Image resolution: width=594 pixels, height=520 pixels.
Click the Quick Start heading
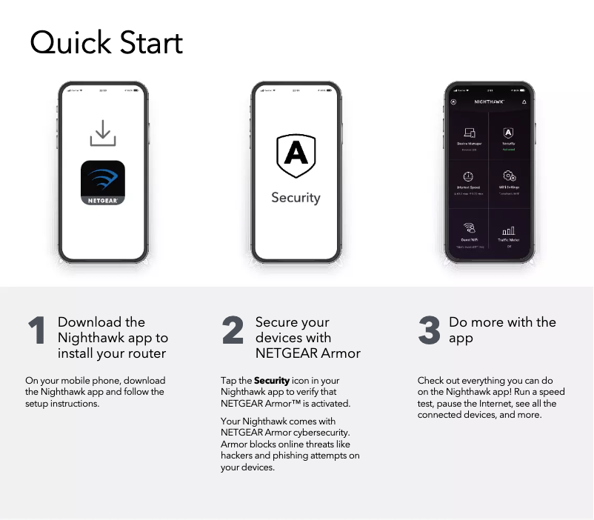point(106,43)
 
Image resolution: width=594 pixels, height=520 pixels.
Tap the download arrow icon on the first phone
point(102,133)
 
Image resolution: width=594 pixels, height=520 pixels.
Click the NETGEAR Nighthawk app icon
point(102,183)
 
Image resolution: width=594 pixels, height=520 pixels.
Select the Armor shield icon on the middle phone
point(296,155)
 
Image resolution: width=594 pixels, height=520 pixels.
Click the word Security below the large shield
point(296,198)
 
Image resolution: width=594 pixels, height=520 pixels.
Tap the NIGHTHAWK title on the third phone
point(489,101)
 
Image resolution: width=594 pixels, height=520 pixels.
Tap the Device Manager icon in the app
point(469,133)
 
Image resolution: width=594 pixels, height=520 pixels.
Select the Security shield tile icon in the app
point(509,133)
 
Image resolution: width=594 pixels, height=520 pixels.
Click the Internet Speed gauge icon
point(468,176)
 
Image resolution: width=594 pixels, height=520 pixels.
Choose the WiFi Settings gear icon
point(510,176)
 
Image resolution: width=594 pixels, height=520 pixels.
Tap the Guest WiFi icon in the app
point(469,228)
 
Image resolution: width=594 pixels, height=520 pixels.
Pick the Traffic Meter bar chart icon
point(509,230)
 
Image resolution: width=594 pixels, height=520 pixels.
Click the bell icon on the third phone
point(524,101)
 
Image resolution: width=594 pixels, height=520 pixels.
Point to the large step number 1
point(37,331)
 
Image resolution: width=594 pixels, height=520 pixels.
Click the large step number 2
point(233,331)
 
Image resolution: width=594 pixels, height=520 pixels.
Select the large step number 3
point(429,331)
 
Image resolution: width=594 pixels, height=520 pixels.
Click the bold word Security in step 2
point(272,381)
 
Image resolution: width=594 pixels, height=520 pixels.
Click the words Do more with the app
point(501,330)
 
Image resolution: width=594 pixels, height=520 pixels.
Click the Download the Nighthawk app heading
point(113,338)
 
